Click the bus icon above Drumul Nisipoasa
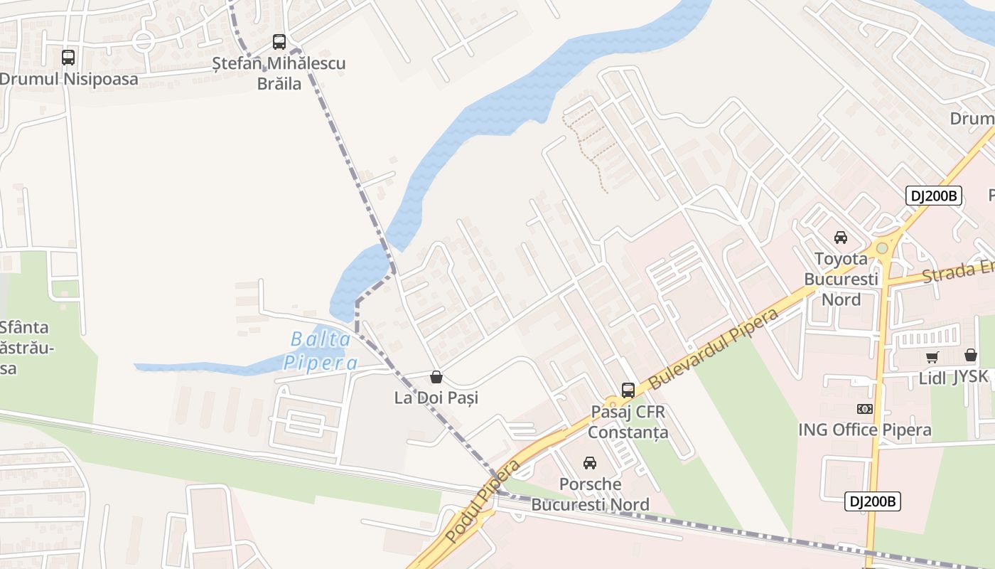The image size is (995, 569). coord(68,58)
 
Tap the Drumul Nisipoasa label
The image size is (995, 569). coord(69,79)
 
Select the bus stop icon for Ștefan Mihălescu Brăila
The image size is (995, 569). coord(279,42)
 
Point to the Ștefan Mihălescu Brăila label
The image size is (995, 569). coord(279,73)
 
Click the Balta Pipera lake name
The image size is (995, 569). coord(321,351)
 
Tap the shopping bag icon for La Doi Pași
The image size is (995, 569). coord(436,377)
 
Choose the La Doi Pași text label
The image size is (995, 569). coord(436,398)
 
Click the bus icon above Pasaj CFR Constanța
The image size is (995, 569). coord(628,390)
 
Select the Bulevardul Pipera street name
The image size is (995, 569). coord(713,348)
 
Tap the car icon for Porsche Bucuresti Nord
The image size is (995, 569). coord(590,463)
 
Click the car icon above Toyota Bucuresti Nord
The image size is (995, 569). coord(841,238)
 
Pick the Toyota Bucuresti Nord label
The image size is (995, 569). coord(841,279)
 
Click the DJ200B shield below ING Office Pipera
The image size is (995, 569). coord(873,501)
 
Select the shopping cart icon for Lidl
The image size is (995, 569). coord(932,357)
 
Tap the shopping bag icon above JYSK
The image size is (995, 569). coord(971,355)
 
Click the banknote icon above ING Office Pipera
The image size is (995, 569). coord(865,409)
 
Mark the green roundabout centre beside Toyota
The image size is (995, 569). coord(882,248)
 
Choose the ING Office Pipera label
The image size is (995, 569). coord(864,430)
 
